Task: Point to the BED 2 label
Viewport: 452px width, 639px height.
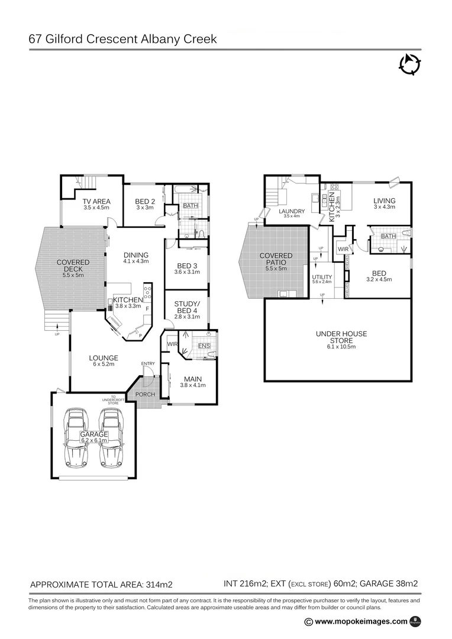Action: pyautogui.click(x=144, y=201)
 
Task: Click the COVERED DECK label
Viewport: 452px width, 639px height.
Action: pyautogui.click(x=73, y=266)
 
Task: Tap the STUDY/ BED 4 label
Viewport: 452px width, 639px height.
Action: pyautogui.click(x=186, y=308)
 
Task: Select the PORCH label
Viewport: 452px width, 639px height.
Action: pyautogui.click(x=145, y=395)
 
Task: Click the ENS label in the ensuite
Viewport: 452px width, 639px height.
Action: pyautogui.click(x=204, y=345)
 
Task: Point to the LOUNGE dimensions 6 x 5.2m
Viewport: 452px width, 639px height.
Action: pyautogui.click(x=104, y=364)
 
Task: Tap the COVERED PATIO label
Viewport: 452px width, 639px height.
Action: pyautogui.click(x=276, y=259)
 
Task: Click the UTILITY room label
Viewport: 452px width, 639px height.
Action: pyautogui.click(x=322, y=277)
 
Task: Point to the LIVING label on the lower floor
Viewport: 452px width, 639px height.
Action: pyautogui.click(x=384, y=201)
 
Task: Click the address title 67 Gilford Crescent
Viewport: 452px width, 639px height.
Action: pyautogui.click(x=122, y=40)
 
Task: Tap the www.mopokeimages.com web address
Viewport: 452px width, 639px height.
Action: pyautogui.click(x=361, y=621)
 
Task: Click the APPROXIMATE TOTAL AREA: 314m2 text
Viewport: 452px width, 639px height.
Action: pyautogui.click(x=101, y=585)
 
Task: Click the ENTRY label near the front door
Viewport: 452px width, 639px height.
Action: pyautogui.click(x=147, y=363)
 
